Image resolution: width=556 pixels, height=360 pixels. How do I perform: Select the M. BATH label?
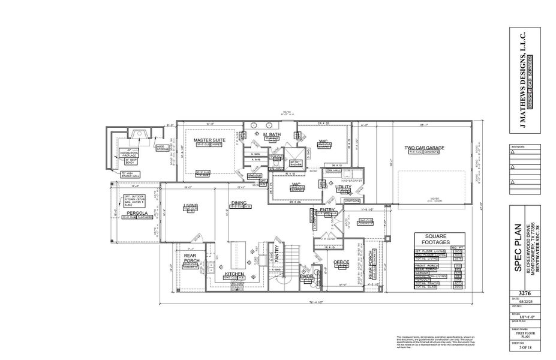272,134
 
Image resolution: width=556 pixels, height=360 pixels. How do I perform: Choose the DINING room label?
239,203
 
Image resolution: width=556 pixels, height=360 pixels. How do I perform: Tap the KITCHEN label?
234,274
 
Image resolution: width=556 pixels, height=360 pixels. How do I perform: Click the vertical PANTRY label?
277,257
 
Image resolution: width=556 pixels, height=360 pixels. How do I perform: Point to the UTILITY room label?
335,187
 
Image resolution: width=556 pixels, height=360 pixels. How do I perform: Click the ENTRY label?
327,209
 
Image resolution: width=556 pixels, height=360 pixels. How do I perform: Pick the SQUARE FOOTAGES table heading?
434,239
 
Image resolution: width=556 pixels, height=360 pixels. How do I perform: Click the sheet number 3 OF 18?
516,346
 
